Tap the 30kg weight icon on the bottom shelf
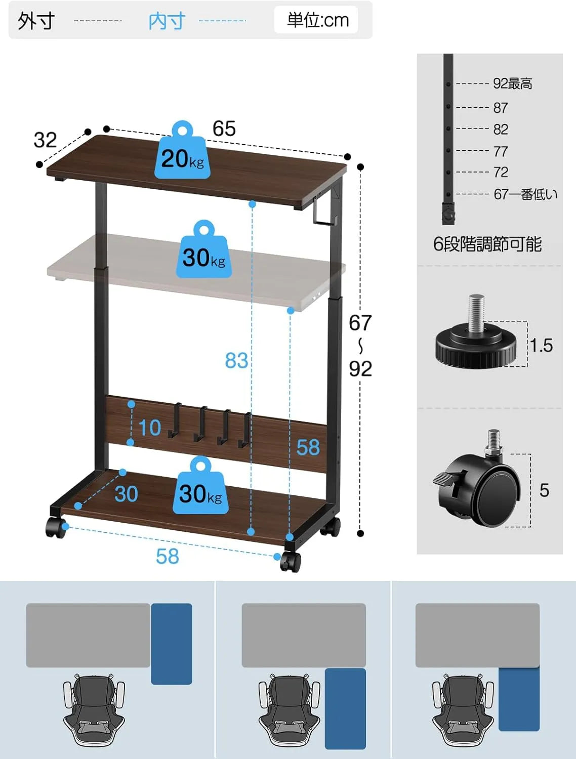coord(200,485)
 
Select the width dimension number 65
coord(224,129)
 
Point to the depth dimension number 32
coord(45,140)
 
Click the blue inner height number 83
coord(236,361)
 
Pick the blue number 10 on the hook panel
coord(150,428)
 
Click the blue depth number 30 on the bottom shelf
coord(126,494)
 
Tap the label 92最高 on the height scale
coord(512,83)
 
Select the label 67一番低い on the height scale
coord(525,194)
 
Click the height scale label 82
coord(501,130)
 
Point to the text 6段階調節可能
coord(487,244)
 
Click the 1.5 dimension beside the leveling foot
coord(542,346)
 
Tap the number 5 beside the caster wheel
coord(544,490)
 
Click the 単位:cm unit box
coord(316,20)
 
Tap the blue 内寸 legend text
coord(167,21)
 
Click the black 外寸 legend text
coord(36,21)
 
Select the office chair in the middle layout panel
coord(290,709)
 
